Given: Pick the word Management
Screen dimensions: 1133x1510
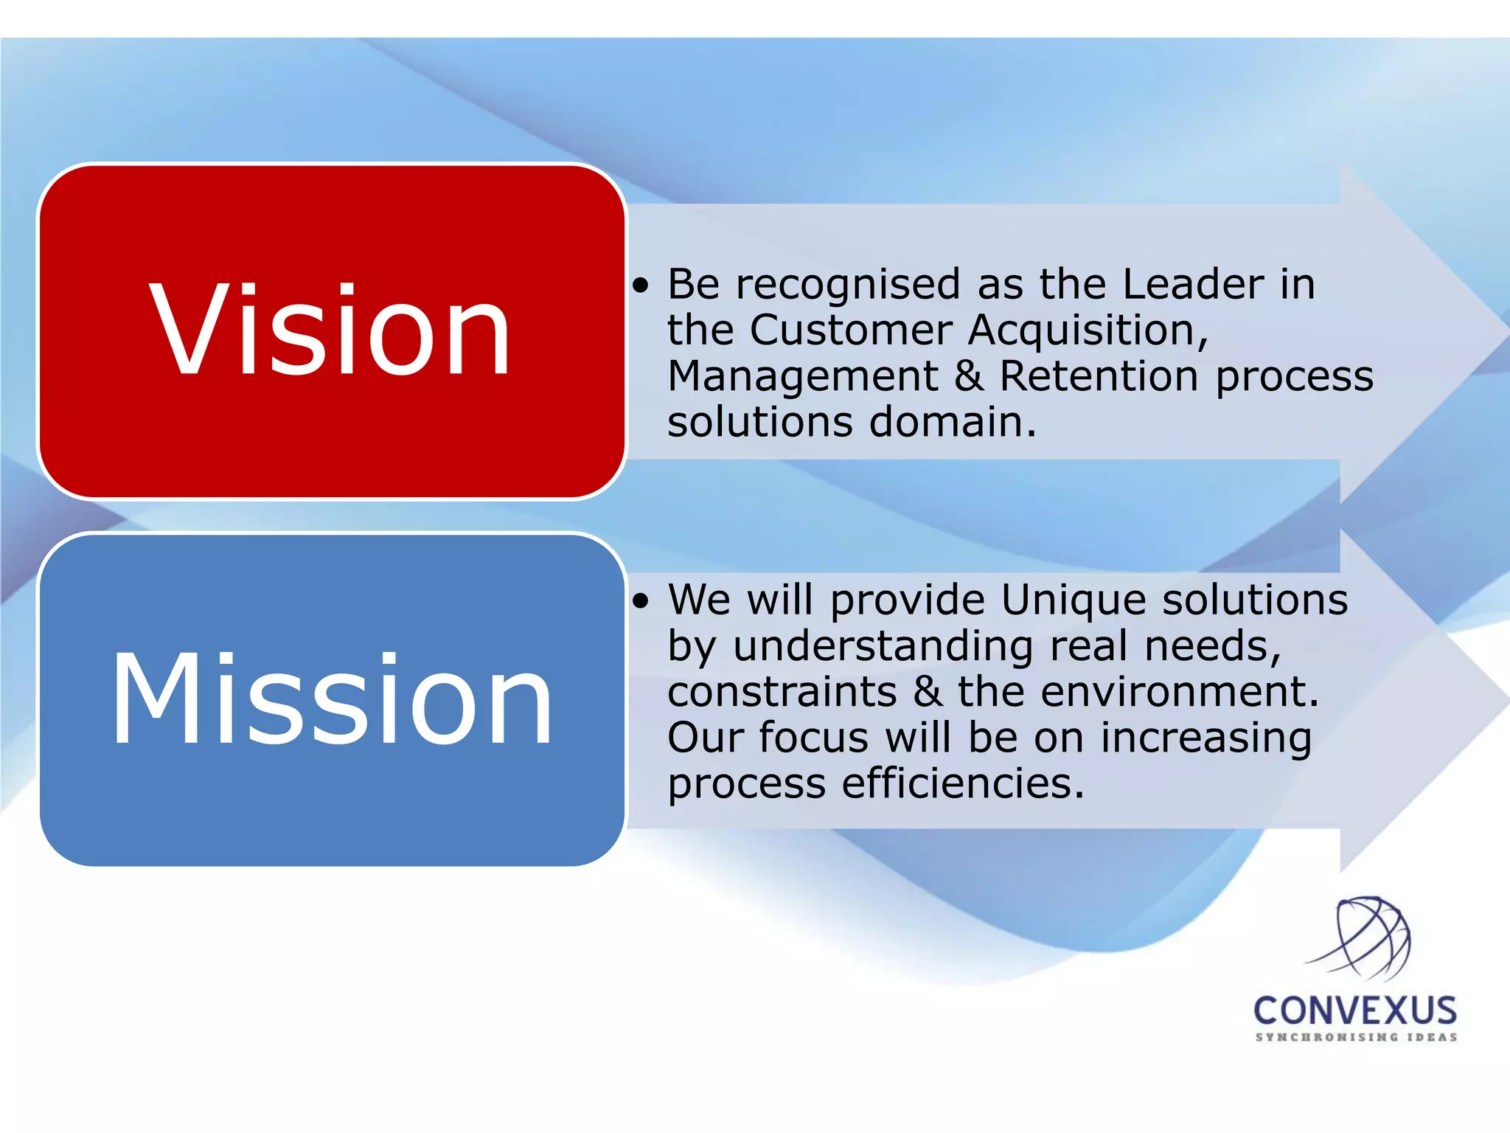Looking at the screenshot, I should tap(803, 376).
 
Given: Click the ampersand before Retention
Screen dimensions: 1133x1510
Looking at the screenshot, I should tap(969, 376).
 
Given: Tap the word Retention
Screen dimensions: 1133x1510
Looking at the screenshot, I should tap(1099, 376).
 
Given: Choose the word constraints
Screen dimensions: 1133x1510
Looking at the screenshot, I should tap(782, 692).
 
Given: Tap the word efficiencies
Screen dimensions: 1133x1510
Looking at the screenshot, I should tap(963, 783).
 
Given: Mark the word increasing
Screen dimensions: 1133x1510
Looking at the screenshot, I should tap(1206, 738).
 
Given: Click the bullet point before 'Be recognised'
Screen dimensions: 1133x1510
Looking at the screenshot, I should tap(641, 285).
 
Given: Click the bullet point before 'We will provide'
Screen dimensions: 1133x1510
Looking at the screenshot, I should tap(641, 601).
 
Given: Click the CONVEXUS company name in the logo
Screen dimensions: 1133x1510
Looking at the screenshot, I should tap(1355, 1011).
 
